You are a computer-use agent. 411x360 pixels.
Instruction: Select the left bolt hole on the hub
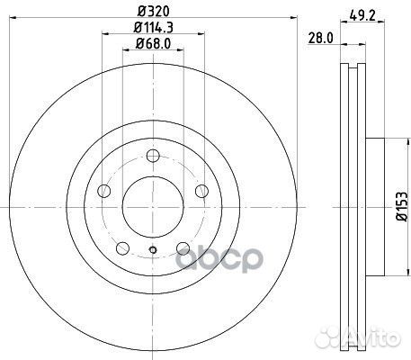104,191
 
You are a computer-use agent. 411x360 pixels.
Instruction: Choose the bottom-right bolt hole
183,247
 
